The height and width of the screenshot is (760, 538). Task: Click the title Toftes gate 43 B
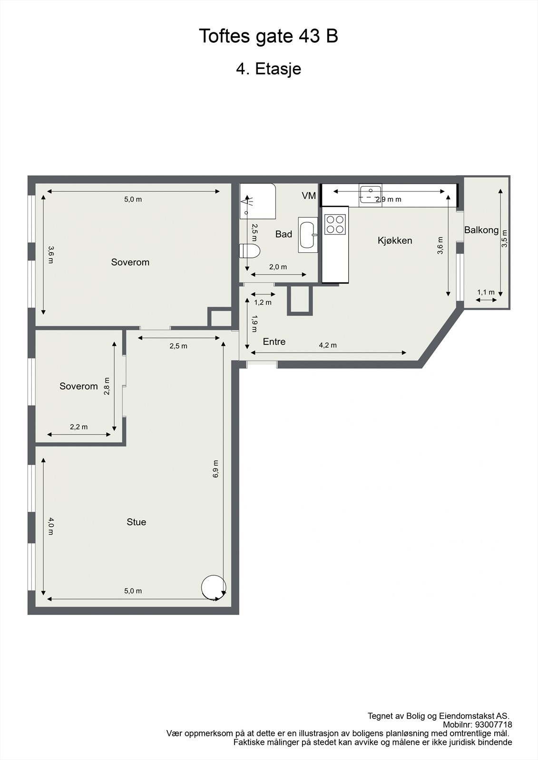coord(268,36)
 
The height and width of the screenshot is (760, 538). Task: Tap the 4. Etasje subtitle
coord(268,69)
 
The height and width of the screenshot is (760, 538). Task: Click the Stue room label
coord(136,522)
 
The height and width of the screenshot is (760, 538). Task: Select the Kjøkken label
coord(395,240)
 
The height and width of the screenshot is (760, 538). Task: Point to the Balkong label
coord(481,230)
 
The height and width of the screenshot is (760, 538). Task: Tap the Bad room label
coord(284,234)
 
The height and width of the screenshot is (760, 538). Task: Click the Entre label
coord(274,342)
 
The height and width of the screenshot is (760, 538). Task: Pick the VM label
coord(309,195)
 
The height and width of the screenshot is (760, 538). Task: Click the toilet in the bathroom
coord(250,251)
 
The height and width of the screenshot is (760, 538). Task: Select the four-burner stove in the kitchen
coord(334,224)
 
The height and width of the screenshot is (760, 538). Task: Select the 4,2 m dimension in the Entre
coord(327,345)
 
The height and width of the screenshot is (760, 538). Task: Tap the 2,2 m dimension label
coord(79,427)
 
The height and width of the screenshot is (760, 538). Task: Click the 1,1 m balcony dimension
coord(486,292)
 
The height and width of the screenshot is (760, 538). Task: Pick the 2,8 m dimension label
coord(107,386)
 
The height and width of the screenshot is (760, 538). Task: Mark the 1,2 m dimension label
coord(263,302)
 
